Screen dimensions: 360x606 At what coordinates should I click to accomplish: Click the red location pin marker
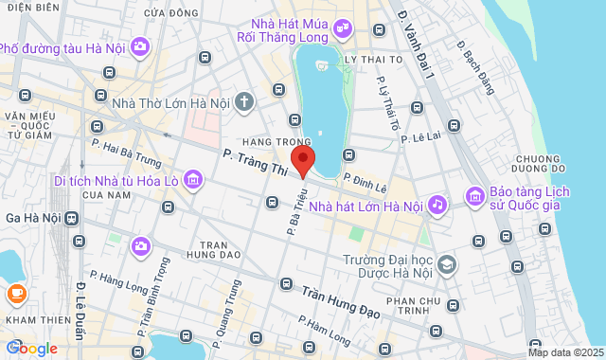pos(302,160)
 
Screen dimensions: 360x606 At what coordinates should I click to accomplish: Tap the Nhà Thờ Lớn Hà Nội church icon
pos(244,100)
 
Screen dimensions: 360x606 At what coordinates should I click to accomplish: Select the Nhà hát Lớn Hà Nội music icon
pos(437,204)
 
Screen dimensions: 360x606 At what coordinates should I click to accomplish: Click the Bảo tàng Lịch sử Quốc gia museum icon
pos(473,196)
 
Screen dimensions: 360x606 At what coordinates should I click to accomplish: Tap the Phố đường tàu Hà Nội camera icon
pos(140,45)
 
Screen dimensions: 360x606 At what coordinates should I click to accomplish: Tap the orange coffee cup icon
pos(15,294)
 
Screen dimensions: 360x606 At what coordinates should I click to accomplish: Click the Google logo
pos(30,348)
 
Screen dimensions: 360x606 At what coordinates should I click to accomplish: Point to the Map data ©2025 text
pos(563,352)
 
